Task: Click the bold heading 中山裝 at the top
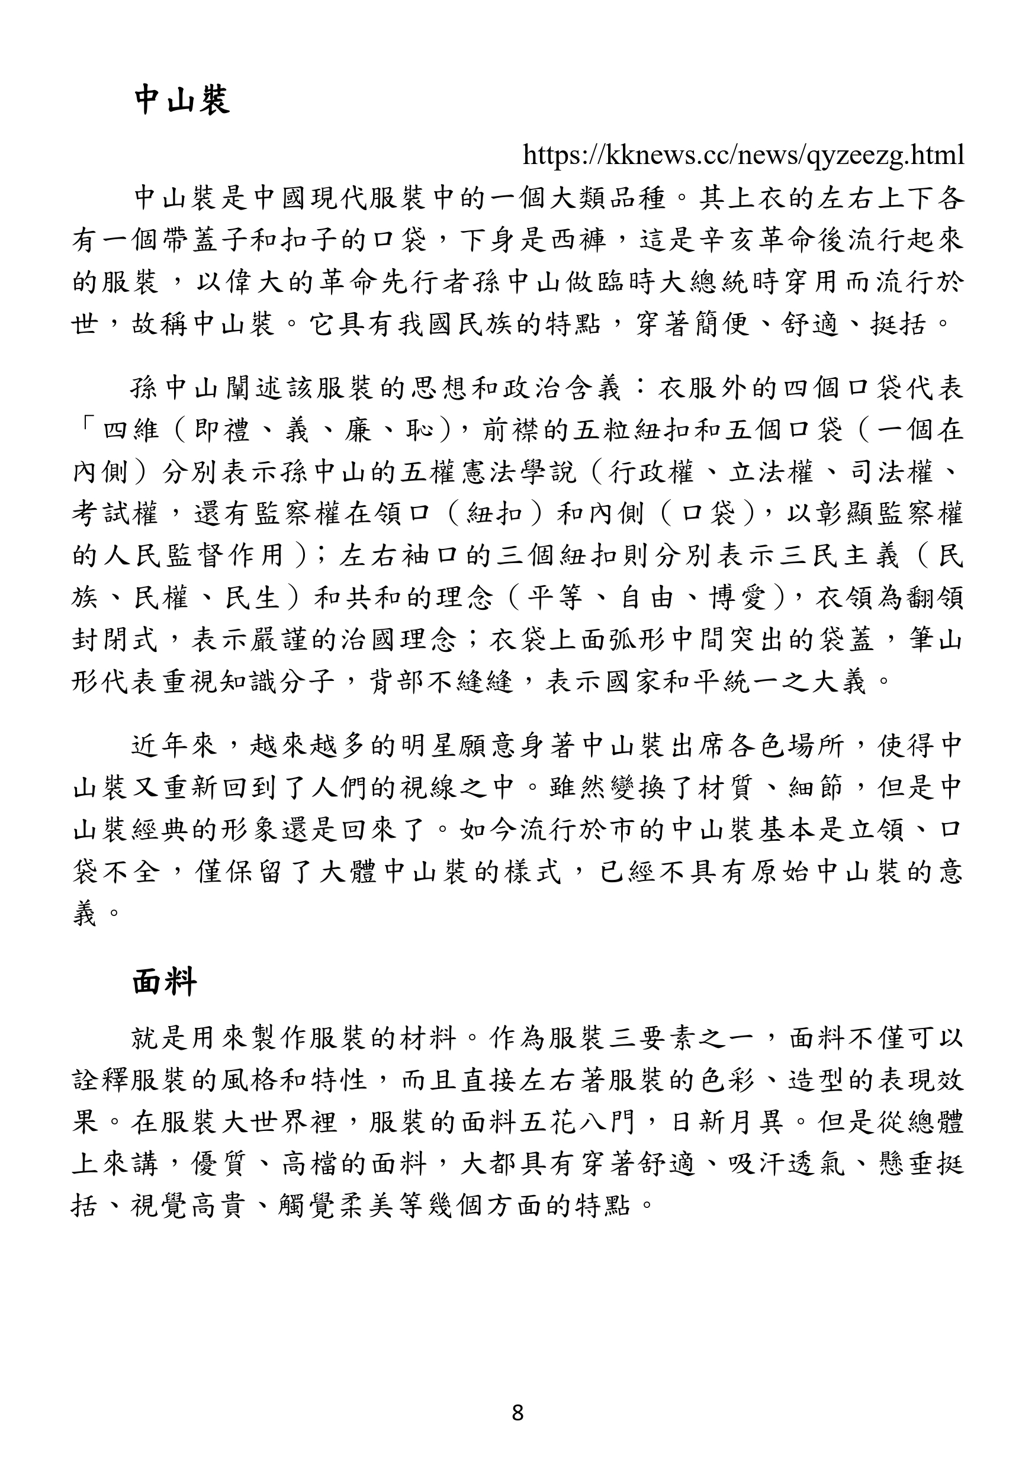pos(182,101)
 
